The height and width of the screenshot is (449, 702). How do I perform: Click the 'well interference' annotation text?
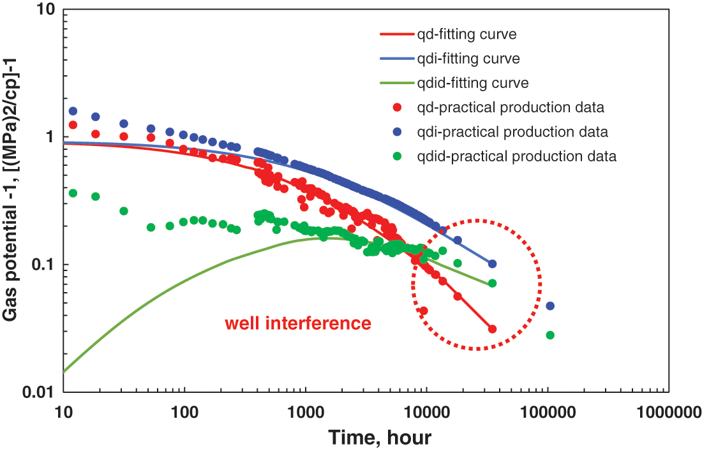(x=297, y=323)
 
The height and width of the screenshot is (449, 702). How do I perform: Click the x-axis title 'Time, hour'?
(x=380, y=438)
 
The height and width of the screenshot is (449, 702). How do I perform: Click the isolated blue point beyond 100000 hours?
(x=550, y=306)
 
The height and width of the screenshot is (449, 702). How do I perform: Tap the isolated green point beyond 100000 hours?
(x=550, y=335)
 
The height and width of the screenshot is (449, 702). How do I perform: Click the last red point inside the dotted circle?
(x=492, y=329)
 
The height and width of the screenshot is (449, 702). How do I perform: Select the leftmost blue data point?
(x=73, y=111)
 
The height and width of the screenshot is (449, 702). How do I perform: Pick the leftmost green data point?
(x=73, y=193)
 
